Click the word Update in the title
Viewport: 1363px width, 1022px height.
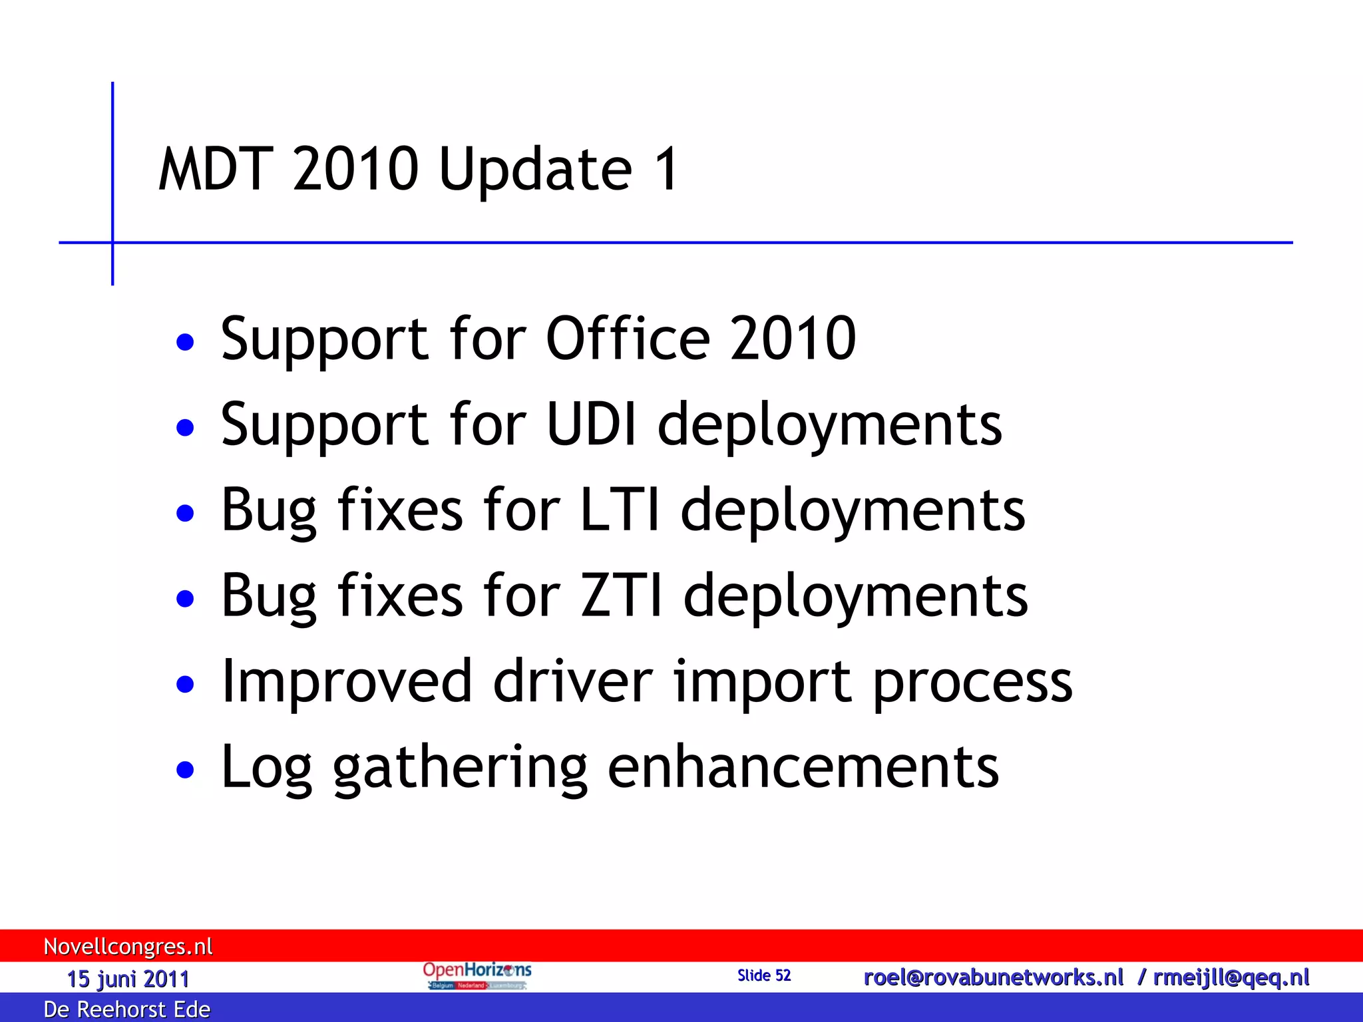535,169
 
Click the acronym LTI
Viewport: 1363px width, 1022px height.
620,510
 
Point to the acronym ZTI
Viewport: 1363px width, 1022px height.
621,596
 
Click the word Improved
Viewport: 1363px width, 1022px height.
347,681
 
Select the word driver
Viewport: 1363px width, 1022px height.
573,681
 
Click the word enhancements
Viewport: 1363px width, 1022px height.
803,767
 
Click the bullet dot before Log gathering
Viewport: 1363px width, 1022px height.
185,770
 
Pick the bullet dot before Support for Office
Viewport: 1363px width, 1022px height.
185,342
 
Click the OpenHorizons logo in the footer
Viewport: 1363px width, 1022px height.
477,975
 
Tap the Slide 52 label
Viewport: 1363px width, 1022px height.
764,975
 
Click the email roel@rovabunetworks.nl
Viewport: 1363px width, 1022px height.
993,977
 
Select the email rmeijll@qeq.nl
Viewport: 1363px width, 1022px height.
1231,977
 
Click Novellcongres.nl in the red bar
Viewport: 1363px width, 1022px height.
128,946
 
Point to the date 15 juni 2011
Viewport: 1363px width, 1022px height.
128,979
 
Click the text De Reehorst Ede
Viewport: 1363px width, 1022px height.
126,1009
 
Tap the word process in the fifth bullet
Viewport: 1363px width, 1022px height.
972,683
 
